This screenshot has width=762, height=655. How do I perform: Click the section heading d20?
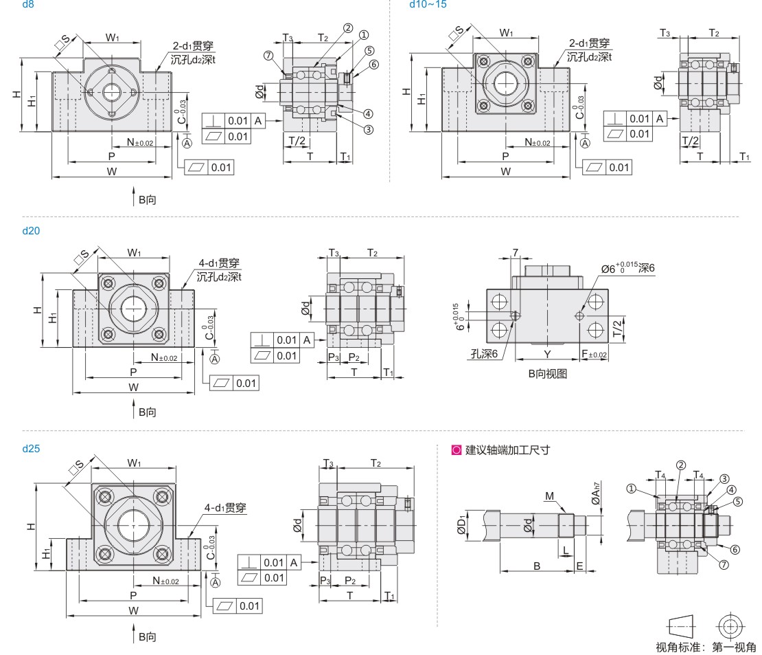tap(32, 231)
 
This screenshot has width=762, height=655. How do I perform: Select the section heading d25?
tap(32, 449)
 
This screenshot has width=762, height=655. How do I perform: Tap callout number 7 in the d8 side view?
tap(268, 55)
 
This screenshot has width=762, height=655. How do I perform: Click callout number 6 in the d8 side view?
tap(374, 65)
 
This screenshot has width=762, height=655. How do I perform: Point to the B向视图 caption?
tap(547, 375)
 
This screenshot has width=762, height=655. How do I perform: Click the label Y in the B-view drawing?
tap(547, 355)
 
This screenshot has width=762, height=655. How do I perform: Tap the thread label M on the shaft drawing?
tap(550, 496)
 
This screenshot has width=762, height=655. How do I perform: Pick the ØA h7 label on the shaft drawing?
tap(596, 493)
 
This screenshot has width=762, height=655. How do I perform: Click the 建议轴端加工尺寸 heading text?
tap(508, 451)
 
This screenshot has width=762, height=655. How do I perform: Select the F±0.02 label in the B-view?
tap(594, 355)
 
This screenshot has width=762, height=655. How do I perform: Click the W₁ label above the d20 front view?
tap(134, 254)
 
